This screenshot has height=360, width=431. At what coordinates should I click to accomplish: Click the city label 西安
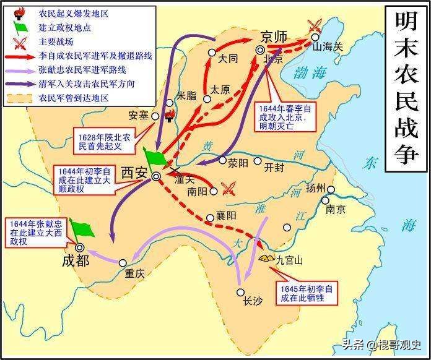[134, 173]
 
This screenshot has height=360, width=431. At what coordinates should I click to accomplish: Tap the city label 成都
[76, 260]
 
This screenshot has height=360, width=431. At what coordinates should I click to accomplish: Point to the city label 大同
[229, 61]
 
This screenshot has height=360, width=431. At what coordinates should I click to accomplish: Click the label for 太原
[220, 89]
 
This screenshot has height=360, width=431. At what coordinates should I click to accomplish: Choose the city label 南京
[335, 209]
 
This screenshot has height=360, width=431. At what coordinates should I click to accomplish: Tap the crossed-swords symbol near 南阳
[229, 187]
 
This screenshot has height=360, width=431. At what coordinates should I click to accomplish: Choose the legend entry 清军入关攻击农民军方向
[86, 83]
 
